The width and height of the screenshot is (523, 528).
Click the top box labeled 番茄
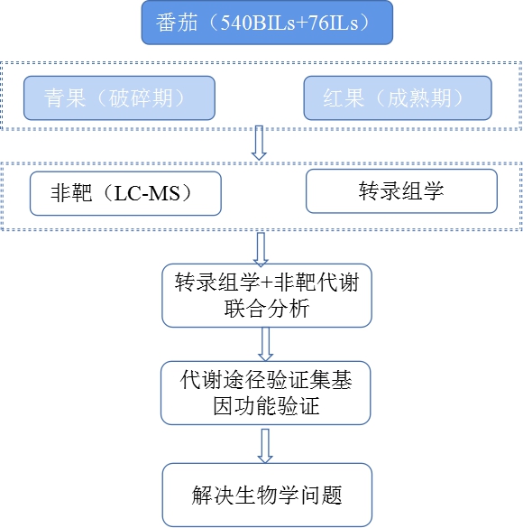[x=267, y=23]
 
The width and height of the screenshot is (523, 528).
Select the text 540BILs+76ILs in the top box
[x=289, y=23]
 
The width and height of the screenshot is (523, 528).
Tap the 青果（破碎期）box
[x=119, y=98]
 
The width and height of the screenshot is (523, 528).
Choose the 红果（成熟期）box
[x=398, y=98]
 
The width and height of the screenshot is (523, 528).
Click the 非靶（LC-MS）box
[x=125, y=194]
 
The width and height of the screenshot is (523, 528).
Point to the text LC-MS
[x=147, y=194]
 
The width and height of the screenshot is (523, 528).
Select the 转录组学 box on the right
[x=401, y=191]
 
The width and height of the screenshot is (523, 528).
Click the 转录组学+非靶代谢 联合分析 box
[x=267, y=295]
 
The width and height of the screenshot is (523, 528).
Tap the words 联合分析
[x=267, y=309]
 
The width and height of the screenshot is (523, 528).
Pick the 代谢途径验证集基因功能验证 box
[x=266, y=393]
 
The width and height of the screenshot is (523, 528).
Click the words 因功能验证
[x=266, y=406]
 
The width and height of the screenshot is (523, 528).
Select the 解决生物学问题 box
[x=268, y=495]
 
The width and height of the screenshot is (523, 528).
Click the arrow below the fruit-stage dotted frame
[x=259, y=143]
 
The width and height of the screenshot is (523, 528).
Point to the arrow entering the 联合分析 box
[x=261, y=249]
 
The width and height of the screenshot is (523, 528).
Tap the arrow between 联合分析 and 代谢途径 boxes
[x=265, y=344]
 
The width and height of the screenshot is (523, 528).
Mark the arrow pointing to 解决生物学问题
[x=265, y=446]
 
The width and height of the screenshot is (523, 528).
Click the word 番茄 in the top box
[x=176, y=23]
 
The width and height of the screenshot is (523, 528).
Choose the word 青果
[x=65, y=98]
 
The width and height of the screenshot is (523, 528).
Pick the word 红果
[x=344, y=98]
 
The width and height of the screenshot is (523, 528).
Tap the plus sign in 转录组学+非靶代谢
[x=267, y=283]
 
